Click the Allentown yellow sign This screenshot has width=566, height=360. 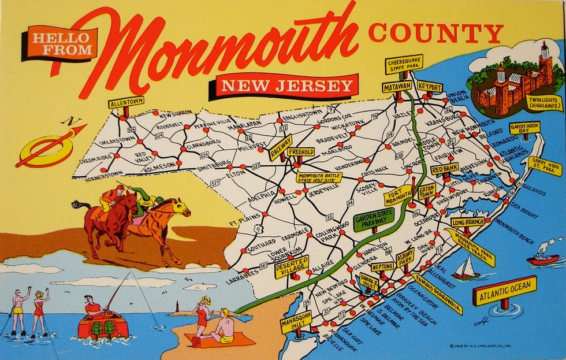tap(126, 102)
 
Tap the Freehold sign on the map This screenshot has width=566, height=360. tap(301, 152)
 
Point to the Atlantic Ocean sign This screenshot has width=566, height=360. tap(505, 290)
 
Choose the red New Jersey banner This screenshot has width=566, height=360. tap(287, 86)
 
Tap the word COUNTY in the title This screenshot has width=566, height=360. tap(435, 34)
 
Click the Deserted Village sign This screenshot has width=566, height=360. tap(292, 266)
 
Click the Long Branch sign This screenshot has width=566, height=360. tap(467, 222)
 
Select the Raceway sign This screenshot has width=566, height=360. tap(281, 148)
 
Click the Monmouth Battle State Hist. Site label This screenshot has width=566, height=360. tap(319, 177)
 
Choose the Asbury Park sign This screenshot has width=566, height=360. tap(405, 256)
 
